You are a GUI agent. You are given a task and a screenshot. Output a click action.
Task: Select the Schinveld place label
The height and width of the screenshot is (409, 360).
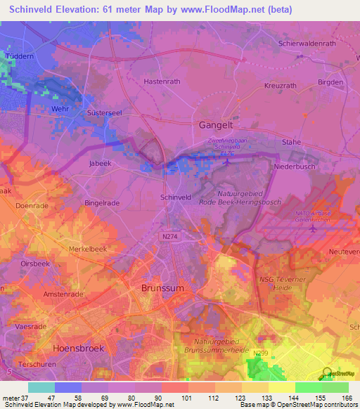(176, 198)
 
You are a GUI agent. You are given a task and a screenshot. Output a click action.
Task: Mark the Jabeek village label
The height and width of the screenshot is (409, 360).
(101, 163)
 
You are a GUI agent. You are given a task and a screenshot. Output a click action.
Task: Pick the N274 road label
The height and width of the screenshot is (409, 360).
(170, 238)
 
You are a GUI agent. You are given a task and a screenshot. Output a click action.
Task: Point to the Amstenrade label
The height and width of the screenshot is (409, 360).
(63, 293)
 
